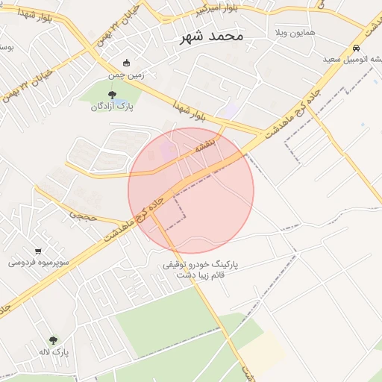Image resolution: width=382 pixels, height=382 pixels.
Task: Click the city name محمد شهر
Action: (212, 36)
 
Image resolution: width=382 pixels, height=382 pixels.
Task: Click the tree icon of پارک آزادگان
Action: (112, 94)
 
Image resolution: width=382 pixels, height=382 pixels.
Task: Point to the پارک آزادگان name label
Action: (112, 107)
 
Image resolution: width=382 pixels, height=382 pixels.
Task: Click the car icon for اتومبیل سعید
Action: (355, 48)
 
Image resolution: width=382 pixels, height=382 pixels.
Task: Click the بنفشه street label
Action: (204, 145)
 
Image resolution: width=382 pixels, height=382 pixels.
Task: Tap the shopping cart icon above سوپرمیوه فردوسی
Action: (38, 251)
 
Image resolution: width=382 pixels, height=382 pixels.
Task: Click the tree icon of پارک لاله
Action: (52, 339)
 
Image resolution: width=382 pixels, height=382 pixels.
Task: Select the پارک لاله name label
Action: (54, 351)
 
